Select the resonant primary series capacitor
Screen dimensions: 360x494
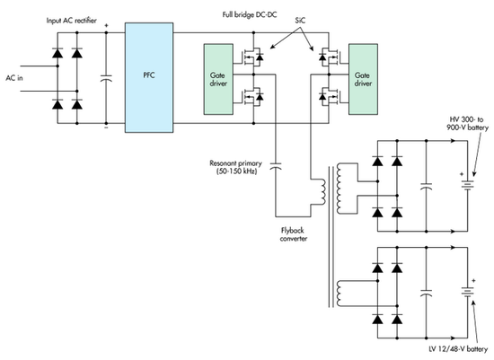(x=275, y=166)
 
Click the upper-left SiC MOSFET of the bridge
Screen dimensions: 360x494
(x=253, y=56)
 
